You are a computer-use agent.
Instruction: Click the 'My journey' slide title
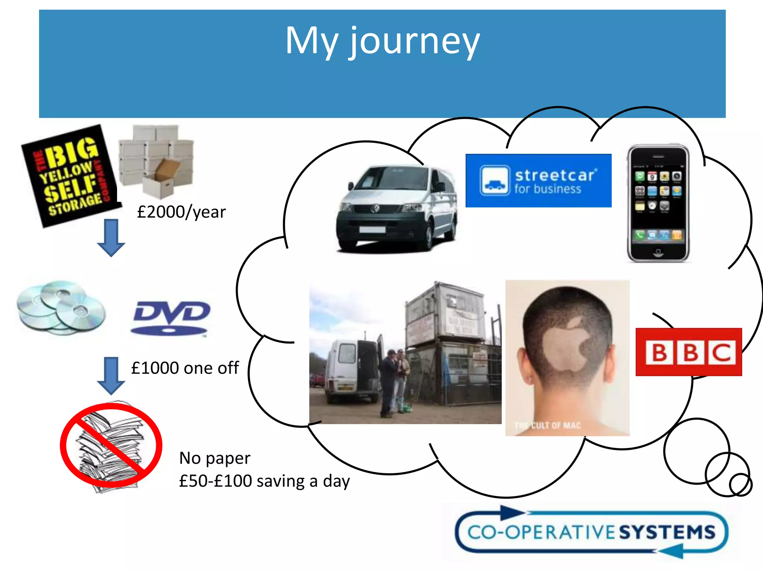pyautogui.click(x=382, y=42)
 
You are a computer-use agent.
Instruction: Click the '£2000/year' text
pyautogui.click(x=181, y=212)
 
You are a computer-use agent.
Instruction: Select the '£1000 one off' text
pyautogui.click(x=185, y=368)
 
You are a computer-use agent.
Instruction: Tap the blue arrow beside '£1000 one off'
pyautogui.click(x=111, y=375)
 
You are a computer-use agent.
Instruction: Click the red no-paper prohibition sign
pyautogui.click(x=111, y=445)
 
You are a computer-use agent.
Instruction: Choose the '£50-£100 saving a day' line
pyautogui.click(x=265, y=481)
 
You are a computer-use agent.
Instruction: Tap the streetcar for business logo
pyautogui.click(x=538, y=181)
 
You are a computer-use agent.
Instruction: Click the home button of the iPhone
pyautogui.click(x=658, y=253)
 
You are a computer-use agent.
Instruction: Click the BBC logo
pyautogui.click(x=689, y=352)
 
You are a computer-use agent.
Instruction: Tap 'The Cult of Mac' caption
pyautogui.click(x=548, y=425)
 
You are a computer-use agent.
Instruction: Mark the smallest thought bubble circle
pyautogui.click(x=741, y=485)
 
